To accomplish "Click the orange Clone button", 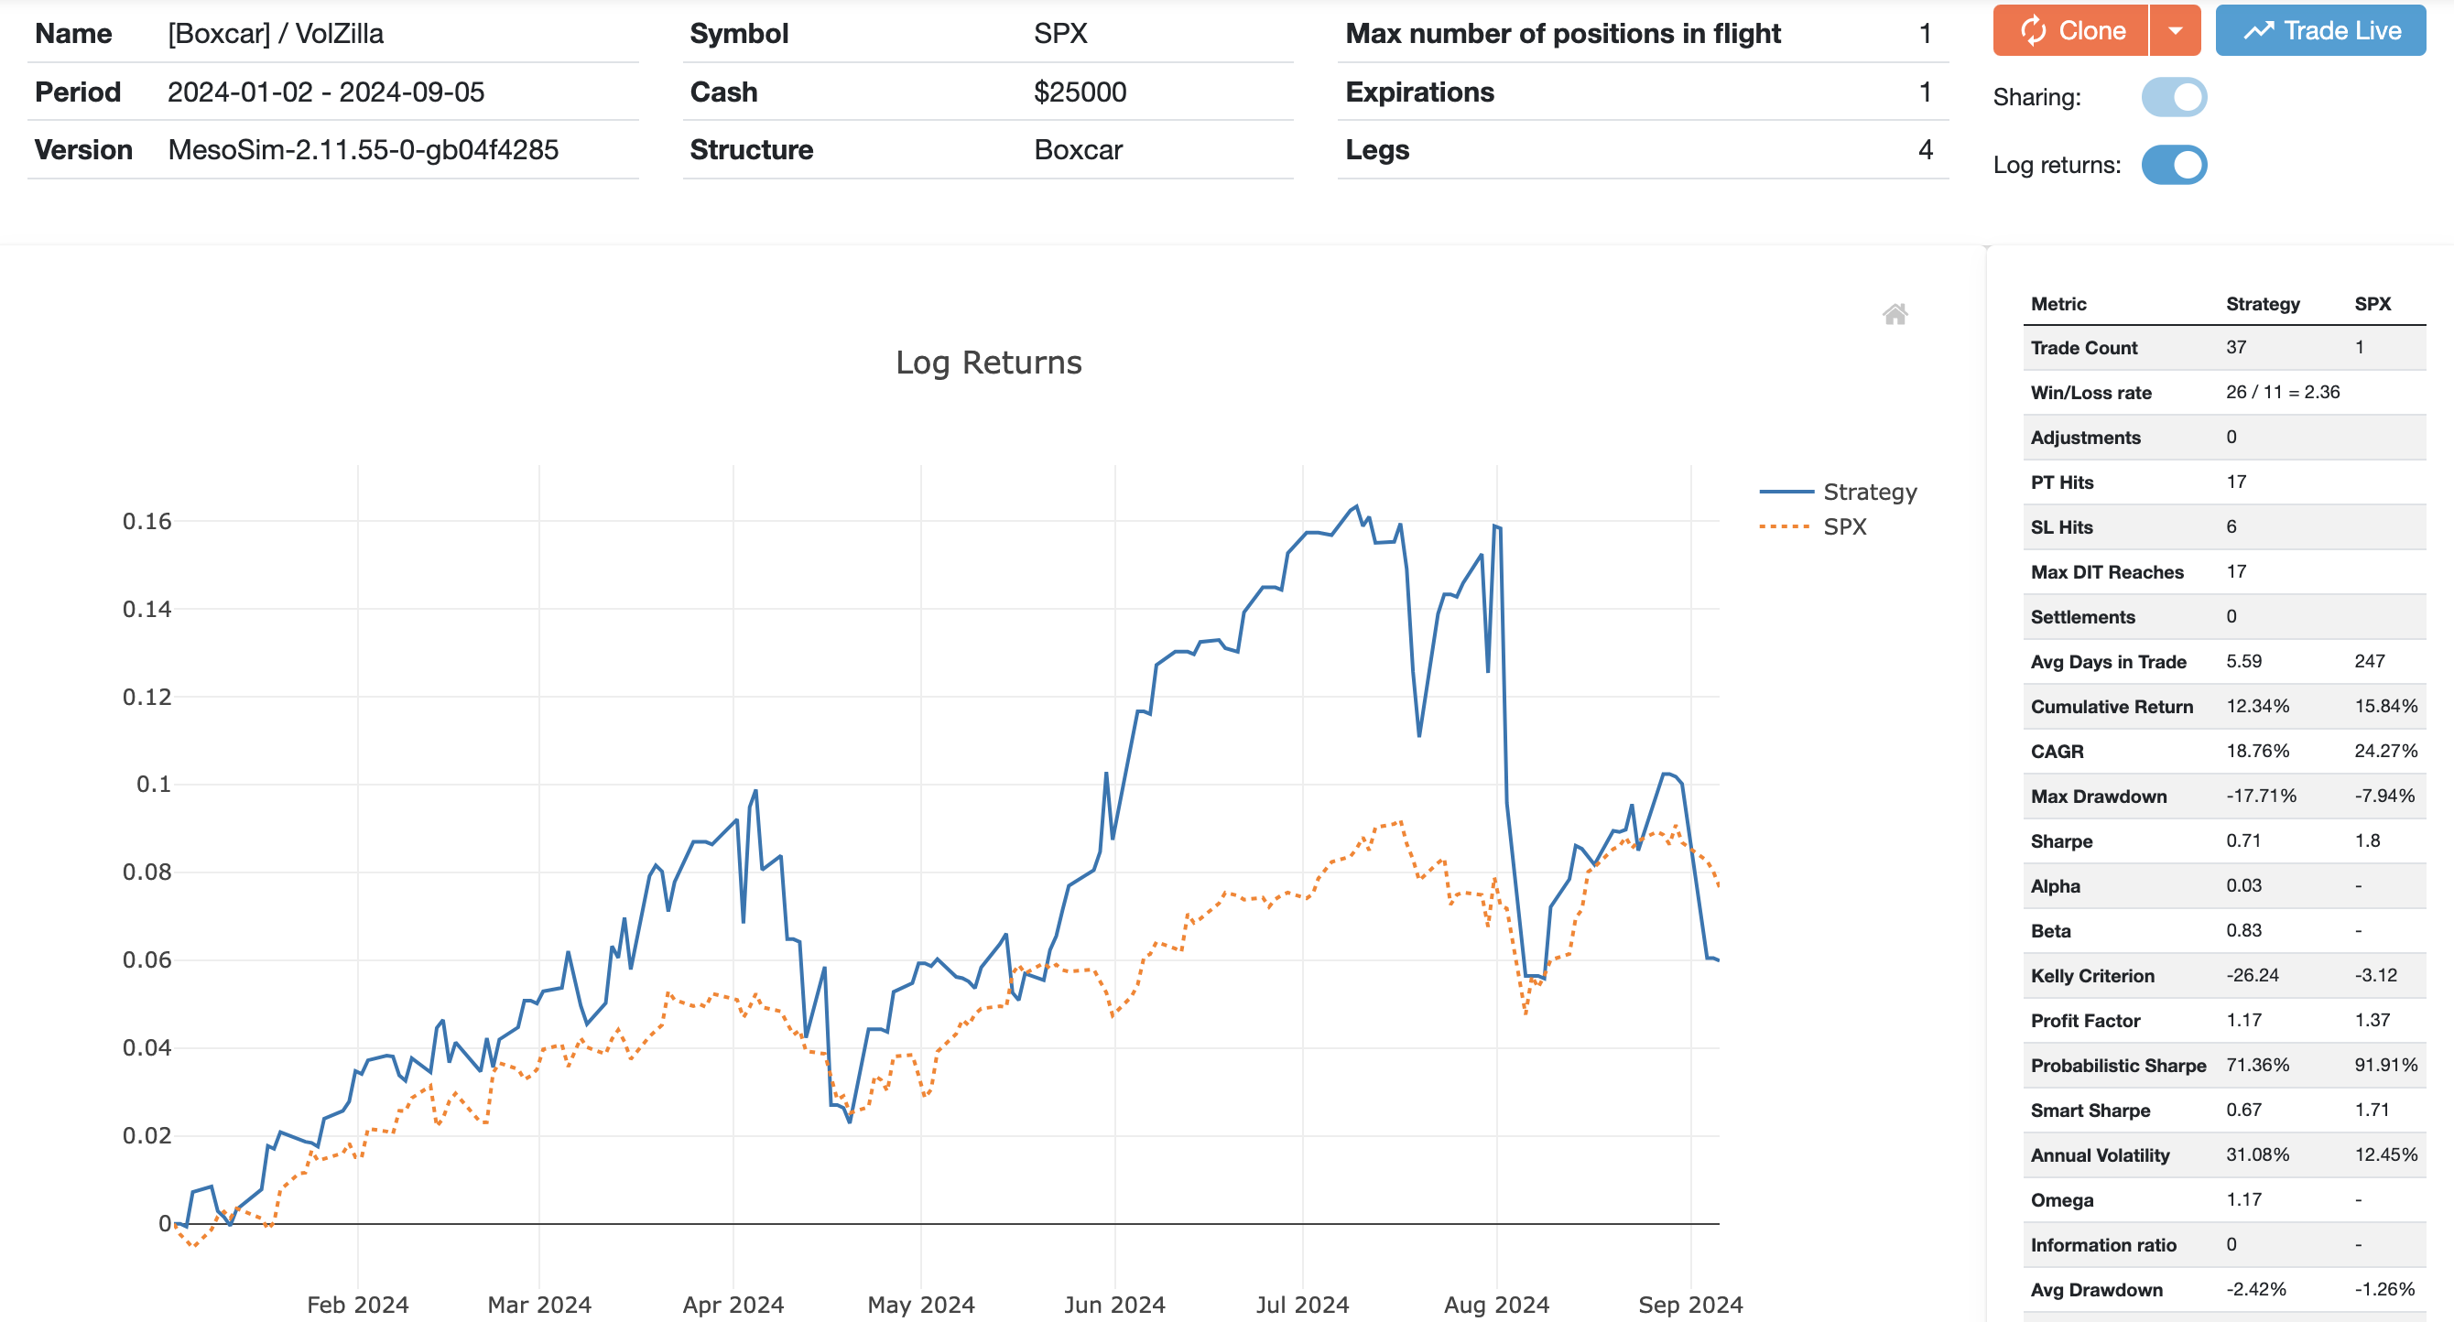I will [2071, 30].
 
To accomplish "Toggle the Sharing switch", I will [2174, 97].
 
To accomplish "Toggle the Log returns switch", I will [2174, 165].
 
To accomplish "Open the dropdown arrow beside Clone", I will [2176, 30].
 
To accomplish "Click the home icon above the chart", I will [1895, 314].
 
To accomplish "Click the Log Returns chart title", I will [988, 363].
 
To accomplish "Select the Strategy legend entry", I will [1869, 493].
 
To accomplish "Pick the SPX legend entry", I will [1844, 526].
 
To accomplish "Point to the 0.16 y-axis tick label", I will [147, 521].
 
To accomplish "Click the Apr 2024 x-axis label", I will [733, 1304].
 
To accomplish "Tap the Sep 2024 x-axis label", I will [1690, 1304].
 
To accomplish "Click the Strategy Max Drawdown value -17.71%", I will [2261, 796].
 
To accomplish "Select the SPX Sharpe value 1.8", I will [2367, 840].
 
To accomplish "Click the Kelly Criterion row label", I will [2092, 975].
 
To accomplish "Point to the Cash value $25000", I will [1080, 92].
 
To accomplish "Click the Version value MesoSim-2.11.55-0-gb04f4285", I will [363, 149].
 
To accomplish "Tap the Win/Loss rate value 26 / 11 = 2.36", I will [2283, 392].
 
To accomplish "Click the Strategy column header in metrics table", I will [2263, 304].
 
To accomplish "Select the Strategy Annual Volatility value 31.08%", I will [2257, 1154].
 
